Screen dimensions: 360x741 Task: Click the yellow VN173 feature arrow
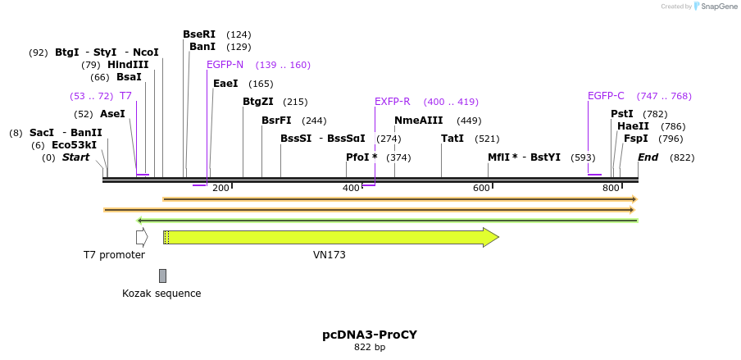tap(328, 237)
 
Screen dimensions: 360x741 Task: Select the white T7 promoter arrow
tap(142, 237)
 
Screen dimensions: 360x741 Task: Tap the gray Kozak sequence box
tap(163, 276)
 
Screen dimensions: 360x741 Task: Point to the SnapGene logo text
tap(718, 7)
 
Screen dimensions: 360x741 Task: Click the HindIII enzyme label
tap(128, 65)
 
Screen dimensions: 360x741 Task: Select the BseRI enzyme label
tap(199, 34)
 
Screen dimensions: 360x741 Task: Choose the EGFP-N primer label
tap(225, 65)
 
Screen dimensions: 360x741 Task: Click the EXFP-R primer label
tap(392, 102)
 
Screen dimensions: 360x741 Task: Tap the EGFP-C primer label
tap(606, 96)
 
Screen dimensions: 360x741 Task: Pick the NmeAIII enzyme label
tap(418, 121)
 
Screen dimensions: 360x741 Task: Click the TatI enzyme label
tap(452, 139)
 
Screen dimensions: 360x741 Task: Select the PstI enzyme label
tap(622, 114)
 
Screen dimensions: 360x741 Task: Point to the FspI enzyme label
tap(635, 139)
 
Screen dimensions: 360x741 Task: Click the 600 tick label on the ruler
tap(480, 189)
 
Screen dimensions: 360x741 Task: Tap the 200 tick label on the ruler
tap(220, 189)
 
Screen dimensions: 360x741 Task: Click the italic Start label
tap(75, 157)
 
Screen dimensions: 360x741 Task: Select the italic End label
tap(648, 157)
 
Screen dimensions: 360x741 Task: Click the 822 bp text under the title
tap(370, 348)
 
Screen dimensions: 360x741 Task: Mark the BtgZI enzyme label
tap(258, 102)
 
